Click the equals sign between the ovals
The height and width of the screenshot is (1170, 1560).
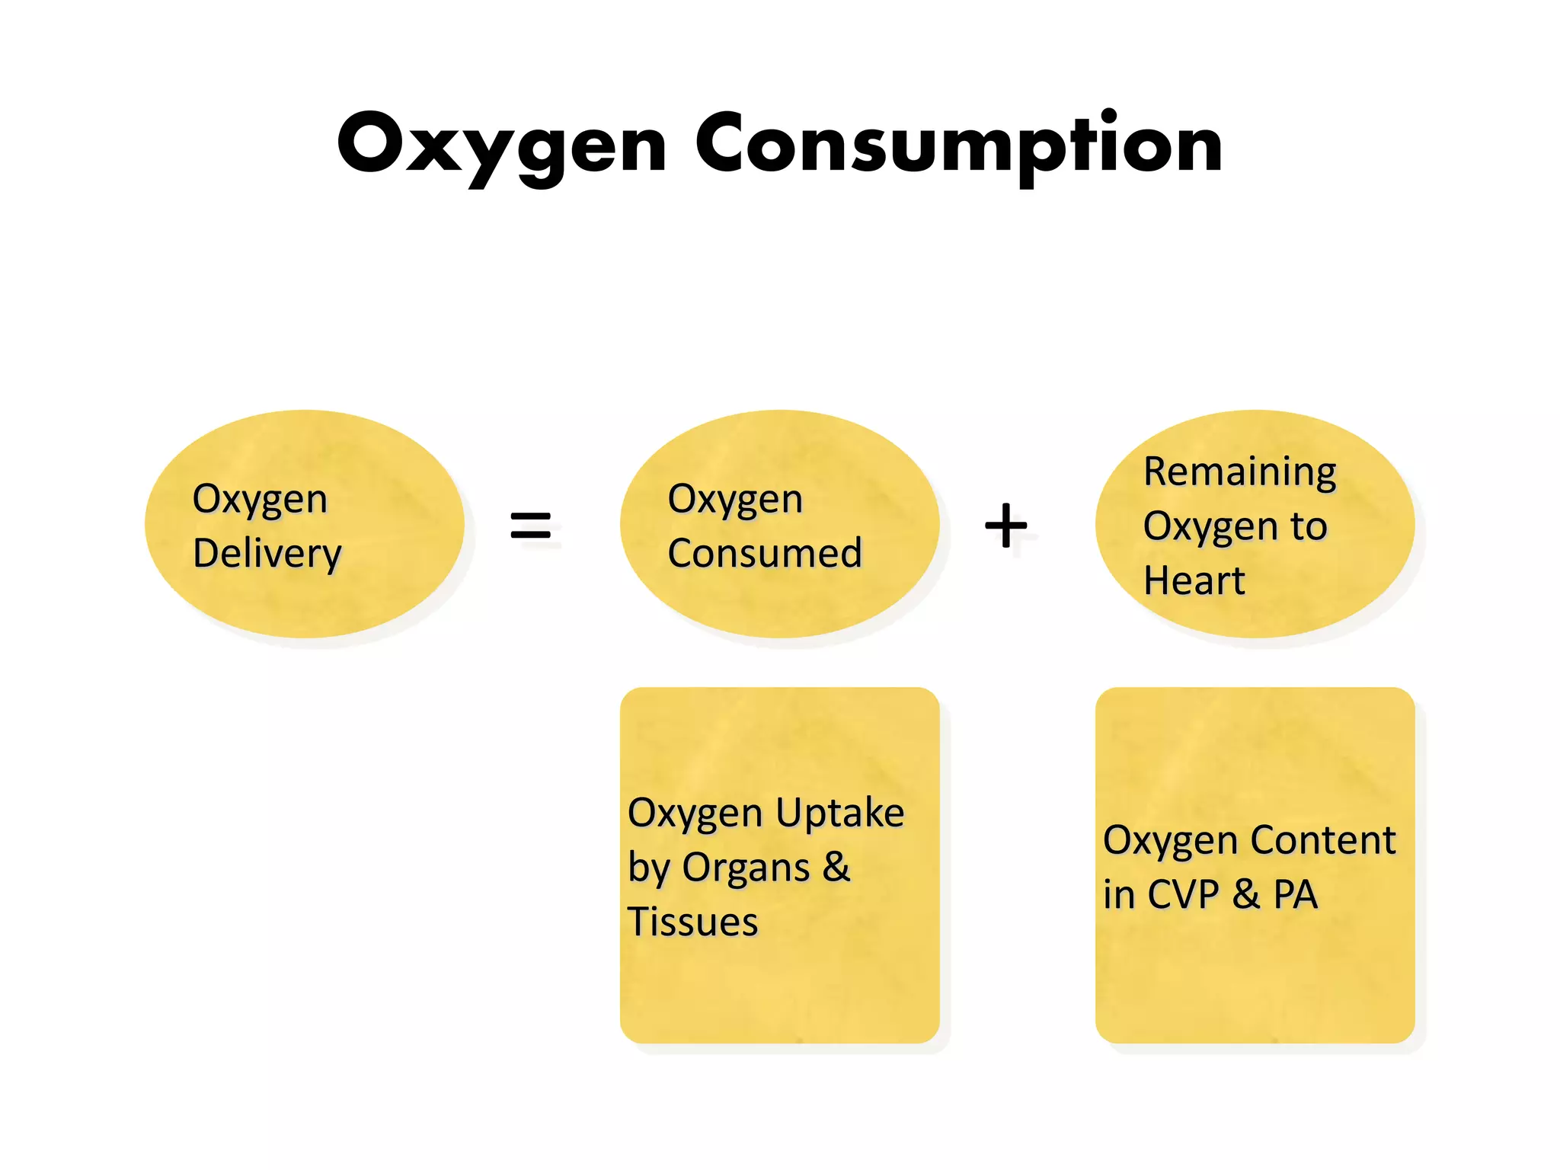click(x=530, y=525)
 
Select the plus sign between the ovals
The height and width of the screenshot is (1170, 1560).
click(x=1005, y=525)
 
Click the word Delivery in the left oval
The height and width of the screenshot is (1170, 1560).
click(x=267, y=554)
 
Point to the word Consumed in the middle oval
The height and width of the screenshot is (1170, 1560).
click(x=765, y=553)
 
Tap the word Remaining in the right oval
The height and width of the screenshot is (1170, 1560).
click(x=1240, y=472)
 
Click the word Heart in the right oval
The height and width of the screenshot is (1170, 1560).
click(x=1194, y=580)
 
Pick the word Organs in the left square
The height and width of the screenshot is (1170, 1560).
click(x=746, y=868)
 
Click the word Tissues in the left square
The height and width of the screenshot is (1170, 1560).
click(x=692, y=922)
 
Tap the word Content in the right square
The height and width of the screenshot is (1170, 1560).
click(x=1323, y=840)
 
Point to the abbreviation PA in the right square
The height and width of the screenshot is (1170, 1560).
click(x=1296, y=894)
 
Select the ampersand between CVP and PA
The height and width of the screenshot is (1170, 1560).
click(x=1245, y=894)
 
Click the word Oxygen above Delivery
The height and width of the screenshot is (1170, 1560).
click(x=260, y=500)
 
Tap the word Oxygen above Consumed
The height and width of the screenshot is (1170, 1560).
click(x=735, y=500)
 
